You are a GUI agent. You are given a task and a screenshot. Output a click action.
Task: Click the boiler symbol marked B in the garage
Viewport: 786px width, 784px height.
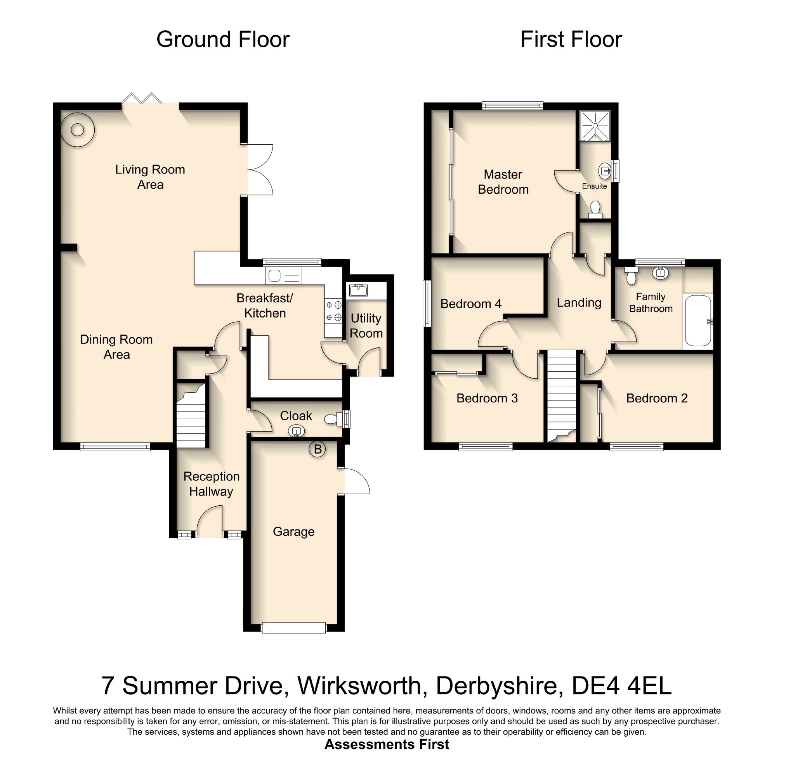pyautogui.click(x=318, y=449)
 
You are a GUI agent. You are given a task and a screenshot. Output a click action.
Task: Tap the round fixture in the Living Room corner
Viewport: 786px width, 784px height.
pyautogui.click(x=77, y=130)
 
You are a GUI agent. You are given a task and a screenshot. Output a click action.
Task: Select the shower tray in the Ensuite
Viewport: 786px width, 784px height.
pyautogui.click(x=595, y=126)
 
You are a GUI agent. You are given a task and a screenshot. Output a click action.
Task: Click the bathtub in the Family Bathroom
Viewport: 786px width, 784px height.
pyautogui.click(x=698, y=321)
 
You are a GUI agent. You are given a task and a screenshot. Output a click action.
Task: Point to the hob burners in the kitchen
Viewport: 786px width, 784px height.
pyautogui.click(x=333, y=311)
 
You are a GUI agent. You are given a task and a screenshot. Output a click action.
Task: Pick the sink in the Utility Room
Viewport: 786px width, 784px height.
pyautogui.click(x=358, y=290)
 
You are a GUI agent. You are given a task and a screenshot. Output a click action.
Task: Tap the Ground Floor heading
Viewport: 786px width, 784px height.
pyautogui.click(x=223, y=40)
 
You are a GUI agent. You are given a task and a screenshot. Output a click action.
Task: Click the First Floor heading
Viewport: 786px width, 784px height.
pyautogui.click(x=571, y=40)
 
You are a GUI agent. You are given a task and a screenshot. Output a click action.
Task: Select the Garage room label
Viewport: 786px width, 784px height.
pyautogui.click(x=294, y=532)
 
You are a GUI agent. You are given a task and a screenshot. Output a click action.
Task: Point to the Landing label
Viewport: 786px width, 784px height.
pyautogui.click(x=579, y=303)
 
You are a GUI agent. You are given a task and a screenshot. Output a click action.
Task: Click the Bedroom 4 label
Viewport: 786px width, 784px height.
pyautogui.click(x=471, y=304)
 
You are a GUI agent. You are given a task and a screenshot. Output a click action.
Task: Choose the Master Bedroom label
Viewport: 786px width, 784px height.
pyautogui.click(x=503, y=182)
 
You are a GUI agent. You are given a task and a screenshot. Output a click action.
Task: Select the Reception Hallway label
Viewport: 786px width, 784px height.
pyautogui.click(x=211, y=484)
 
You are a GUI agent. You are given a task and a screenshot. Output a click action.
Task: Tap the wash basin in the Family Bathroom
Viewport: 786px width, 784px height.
pyautogui.click(x=661, y=272)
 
